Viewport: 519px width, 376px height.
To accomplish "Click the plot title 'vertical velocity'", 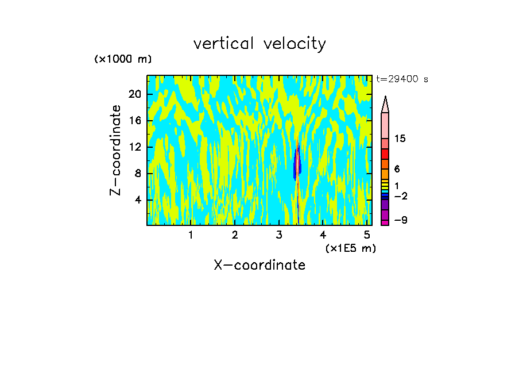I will tap(259, 44).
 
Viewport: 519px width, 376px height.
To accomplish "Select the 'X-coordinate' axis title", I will tap(259, 265).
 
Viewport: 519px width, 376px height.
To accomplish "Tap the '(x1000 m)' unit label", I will tap(123, 59).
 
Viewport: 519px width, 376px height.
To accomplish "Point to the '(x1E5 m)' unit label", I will tap(350, 248).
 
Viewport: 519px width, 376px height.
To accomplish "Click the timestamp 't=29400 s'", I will tap(402, 79).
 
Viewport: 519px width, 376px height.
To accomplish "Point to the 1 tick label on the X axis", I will tap(191, 235).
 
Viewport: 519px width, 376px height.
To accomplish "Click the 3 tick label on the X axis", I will tap(278, 235).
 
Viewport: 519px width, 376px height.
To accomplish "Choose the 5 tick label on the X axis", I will tap(367, 235).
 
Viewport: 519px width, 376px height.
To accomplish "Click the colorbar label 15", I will tap(400, 139).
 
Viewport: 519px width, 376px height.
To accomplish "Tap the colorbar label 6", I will tap(397, 169).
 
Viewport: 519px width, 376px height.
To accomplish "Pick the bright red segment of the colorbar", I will tap(385, 154).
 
